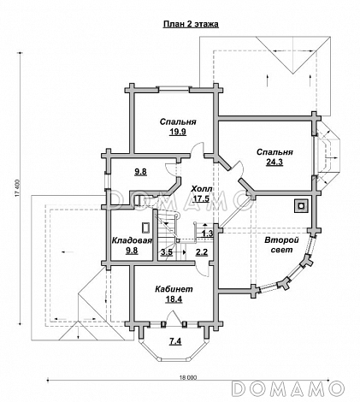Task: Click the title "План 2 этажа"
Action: point(191,24)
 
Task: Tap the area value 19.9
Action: point(178,132)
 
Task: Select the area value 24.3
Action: point(274,162)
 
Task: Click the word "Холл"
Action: point(201,189)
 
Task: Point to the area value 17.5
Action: point(201,198)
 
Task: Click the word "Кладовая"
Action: point(131,240)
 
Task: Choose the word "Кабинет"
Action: point(174,289)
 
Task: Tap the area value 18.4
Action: point(174,299)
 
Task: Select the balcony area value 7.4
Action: point(175,340)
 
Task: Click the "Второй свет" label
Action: point(281,245)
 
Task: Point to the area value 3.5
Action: point(167,252)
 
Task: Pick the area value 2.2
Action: point(202,252)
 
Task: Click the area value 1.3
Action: point(207,234)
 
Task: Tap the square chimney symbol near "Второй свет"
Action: point(301,205)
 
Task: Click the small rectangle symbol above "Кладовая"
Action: point(146,228)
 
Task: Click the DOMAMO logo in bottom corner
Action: point(288,388)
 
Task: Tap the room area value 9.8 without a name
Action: point(141,172)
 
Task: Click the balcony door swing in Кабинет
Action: point(174,316)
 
